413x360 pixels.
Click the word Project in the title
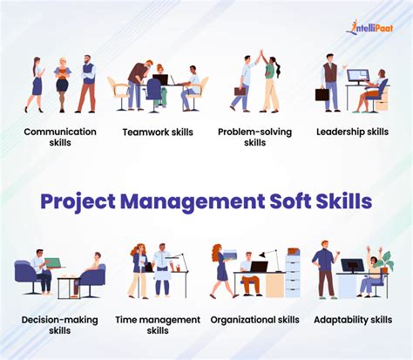click(x=76, y=201)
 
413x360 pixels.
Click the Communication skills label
click(x=60, y=137)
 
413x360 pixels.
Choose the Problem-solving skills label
click(x=254, y=137)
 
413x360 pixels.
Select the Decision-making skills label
click(x=60, y=325)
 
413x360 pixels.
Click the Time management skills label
click(x=157, y=325)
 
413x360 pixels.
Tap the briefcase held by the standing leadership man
click(x=323, y=93)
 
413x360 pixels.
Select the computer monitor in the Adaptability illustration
click(x=352, y=265)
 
